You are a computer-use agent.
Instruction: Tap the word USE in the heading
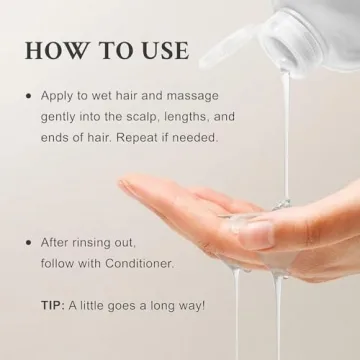click(x=163, y=49)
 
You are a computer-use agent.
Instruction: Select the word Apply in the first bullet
click(x=58, y=96)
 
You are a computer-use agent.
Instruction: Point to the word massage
click(x=208, y=96)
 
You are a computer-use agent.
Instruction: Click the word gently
click(x=61, y=116)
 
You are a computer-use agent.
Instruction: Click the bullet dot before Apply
click(x=28, y=96)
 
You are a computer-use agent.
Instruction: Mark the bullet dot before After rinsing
click(x=28, y=242)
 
